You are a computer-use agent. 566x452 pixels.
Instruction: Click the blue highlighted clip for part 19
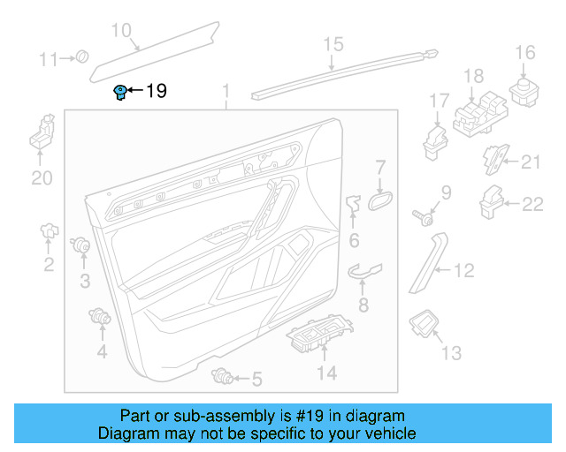[x=119, y=92]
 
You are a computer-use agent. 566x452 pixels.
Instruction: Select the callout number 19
[x=156, y=91]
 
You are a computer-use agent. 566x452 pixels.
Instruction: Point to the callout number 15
[x=332, y=44]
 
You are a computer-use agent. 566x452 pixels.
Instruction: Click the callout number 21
[x=530, y=161]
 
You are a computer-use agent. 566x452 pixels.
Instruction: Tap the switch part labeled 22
[x=491, y=202]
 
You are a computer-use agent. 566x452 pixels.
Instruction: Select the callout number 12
[x=464, y=272]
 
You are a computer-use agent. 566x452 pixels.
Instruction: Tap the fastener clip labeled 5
[x=224, y=378]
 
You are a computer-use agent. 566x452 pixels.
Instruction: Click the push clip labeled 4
[x=101, y=316]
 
